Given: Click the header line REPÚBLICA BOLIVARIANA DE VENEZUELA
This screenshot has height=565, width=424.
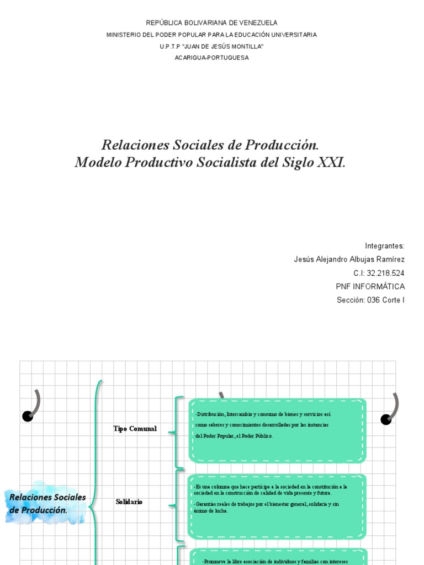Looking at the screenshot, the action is coord(211,23).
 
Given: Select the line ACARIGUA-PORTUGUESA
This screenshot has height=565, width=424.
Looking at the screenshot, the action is coord(211,58).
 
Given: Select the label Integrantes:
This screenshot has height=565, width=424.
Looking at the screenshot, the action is coord(385,246).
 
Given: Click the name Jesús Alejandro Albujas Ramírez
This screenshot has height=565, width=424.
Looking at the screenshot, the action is coord(349,259).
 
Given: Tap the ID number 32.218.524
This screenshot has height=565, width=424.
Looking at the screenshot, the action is coord(385,273).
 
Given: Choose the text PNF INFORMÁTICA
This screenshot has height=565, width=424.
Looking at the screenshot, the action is coord(370,286).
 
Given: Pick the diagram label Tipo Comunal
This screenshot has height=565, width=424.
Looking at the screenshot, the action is coord(135,429).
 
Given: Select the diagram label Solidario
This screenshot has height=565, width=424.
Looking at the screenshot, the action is coord(129,502).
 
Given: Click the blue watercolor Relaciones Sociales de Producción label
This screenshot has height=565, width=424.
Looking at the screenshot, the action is coord(47,503).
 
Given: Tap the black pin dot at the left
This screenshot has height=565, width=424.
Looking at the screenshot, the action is coord(28,416).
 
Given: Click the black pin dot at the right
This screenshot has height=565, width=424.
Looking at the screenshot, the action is coord(386,419).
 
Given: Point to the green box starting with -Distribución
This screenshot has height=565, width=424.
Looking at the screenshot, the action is coord(277,430).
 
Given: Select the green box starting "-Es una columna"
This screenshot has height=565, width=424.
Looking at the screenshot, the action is coord(277,506).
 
